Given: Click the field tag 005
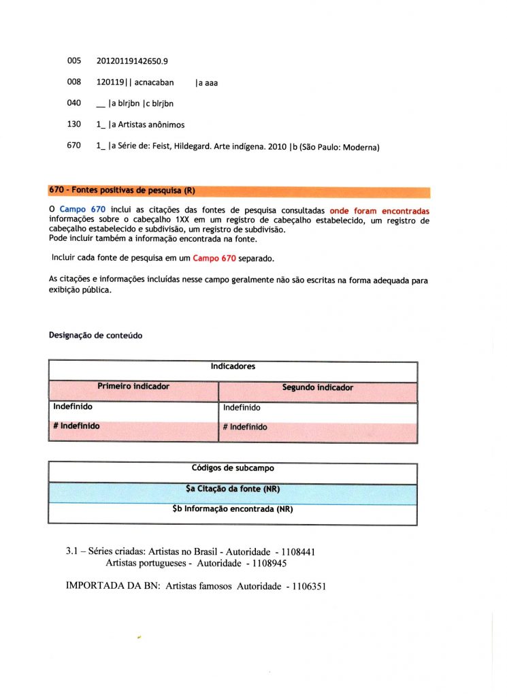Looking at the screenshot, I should tap(74, 62).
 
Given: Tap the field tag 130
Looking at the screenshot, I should tap(74, 125).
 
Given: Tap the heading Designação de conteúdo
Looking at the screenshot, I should tap(95, 336).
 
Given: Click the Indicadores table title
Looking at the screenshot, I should tap(233, 366).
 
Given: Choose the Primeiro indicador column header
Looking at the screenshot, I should tap(133, 387).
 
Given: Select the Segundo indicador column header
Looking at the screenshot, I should tap(317, 387).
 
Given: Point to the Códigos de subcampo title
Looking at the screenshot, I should tap(233, 468).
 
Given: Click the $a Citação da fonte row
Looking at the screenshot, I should tap(233, 489).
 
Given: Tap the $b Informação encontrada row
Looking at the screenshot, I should tap(233, 508).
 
